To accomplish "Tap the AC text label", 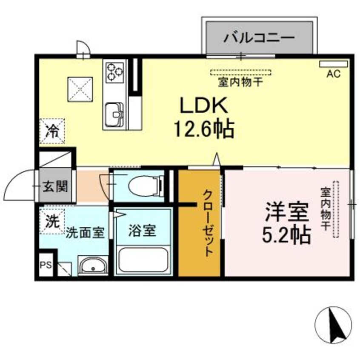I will coord(333,74).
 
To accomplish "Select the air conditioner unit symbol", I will coord(334,64).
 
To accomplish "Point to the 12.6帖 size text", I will coord(203,128).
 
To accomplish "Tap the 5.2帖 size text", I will coord(286,234).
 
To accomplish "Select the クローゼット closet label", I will coord(208,223).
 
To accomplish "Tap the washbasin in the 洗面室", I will coord(93,266).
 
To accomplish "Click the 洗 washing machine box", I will coord(52,221).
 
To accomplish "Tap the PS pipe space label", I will coord(45,264).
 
